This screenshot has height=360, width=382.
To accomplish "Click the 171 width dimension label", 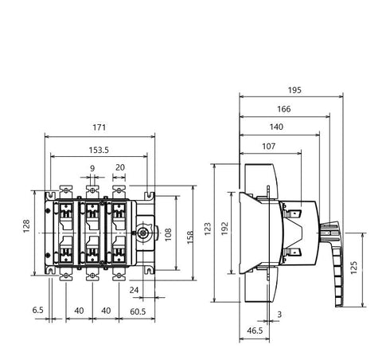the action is [99, 127].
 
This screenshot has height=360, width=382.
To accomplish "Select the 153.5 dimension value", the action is [99, 151].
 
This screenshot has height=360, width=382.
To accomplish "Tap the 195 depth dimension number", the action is [294, 90].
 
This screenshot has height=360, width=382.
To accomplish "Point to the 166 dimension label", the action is [284, 109].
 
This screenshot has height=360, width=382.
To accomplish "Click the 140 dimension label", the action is [276, 127].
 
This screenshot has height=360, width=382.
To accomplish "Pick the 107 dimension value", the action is [269, 147].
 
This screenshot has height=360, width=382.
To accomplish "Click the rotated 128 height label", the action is [26, 226].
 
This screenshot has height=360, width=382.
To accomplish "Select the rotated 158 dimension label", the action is [190, 237].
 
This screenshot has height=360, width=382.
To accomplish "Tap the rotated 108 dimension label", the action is [168, 234].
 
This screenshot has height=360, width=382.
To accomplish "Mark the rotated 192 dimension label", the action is [224, 229].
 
